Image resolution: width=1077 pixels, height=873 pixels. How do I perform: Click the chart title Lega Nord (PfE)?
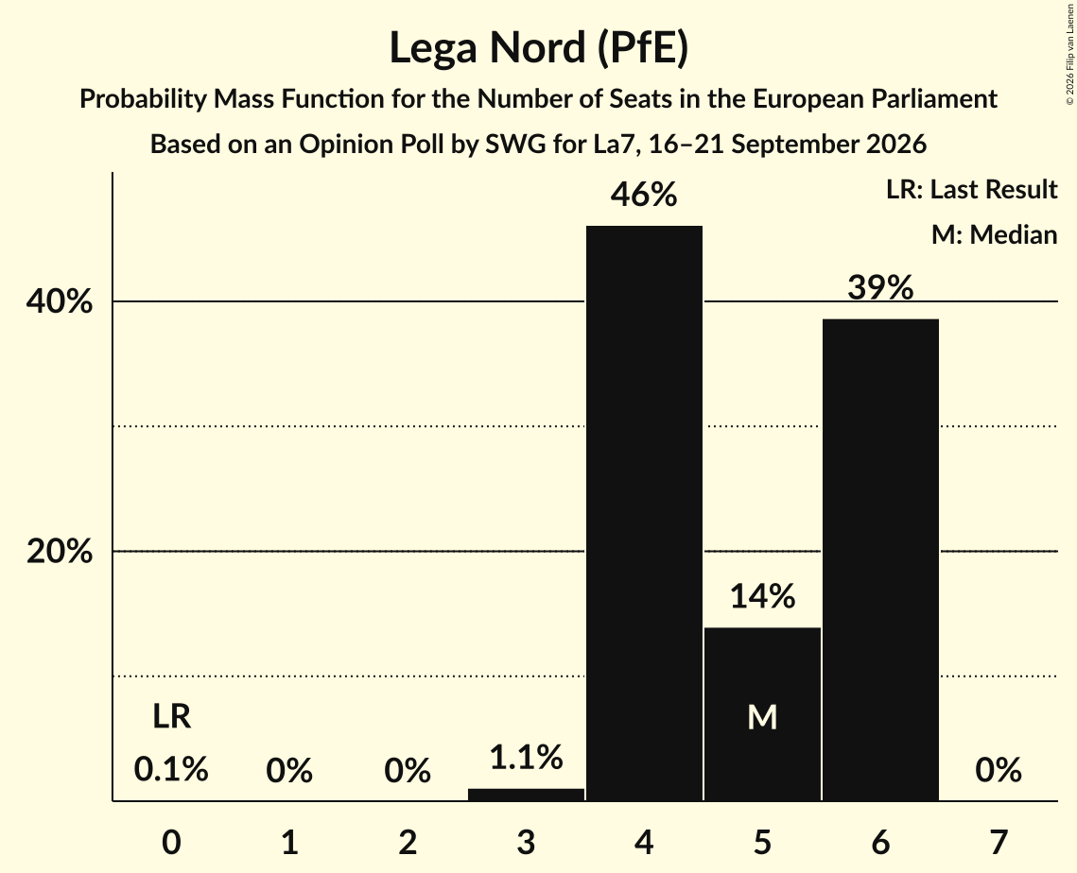tap(539, 48)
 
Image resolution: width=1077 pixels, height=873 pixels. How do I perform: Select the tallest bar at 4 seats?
tap(644, 513)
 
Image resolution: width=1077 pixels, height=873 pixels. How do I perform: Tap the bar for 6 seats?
tap(880, 559)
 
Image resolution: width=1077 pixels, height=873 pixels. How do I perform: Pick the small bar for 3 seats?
tap(526, 795)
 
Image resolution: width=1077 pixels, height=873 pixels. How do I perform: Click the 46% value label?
tap(644, 195)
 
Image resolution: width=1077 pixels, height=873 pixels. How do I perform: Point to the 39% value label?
tap(880, 287)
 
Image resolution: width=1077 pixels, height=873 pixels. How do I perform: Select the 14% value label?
tap(762, 596)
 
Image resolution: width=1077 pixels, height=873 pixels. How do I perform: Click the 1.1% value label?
tap(526, 758)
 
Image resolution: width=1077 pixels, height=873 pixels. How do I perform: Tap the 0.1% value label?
tap(171, 769)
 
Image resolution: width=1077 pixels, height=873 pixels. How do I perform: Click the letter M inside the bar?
tap(762, 718)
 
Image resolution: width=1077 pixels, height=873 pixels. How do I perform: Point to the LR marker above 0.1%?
tap(172, 716)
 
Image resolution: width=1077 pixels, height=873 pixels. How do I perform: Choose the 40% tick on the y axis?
tap(60, 301)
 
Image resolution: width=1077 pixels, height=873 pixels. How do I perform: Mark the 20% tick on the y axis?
tap(60, 551)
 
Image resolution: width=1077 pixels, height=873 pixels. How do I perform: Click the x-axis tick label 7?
tap(999, 842)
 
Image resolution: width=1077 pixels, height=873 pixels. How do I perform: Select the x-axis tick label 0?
tap(172, 842)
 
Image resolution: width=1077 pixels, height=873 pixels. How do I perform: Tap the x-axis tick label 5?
tap(762, 842)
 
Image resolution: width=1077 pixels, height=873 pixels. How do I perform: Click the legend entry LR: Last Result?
tap(971, 189)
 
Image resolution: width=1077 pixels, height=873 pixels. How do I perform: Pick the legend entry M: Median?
tap(994, 234)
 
